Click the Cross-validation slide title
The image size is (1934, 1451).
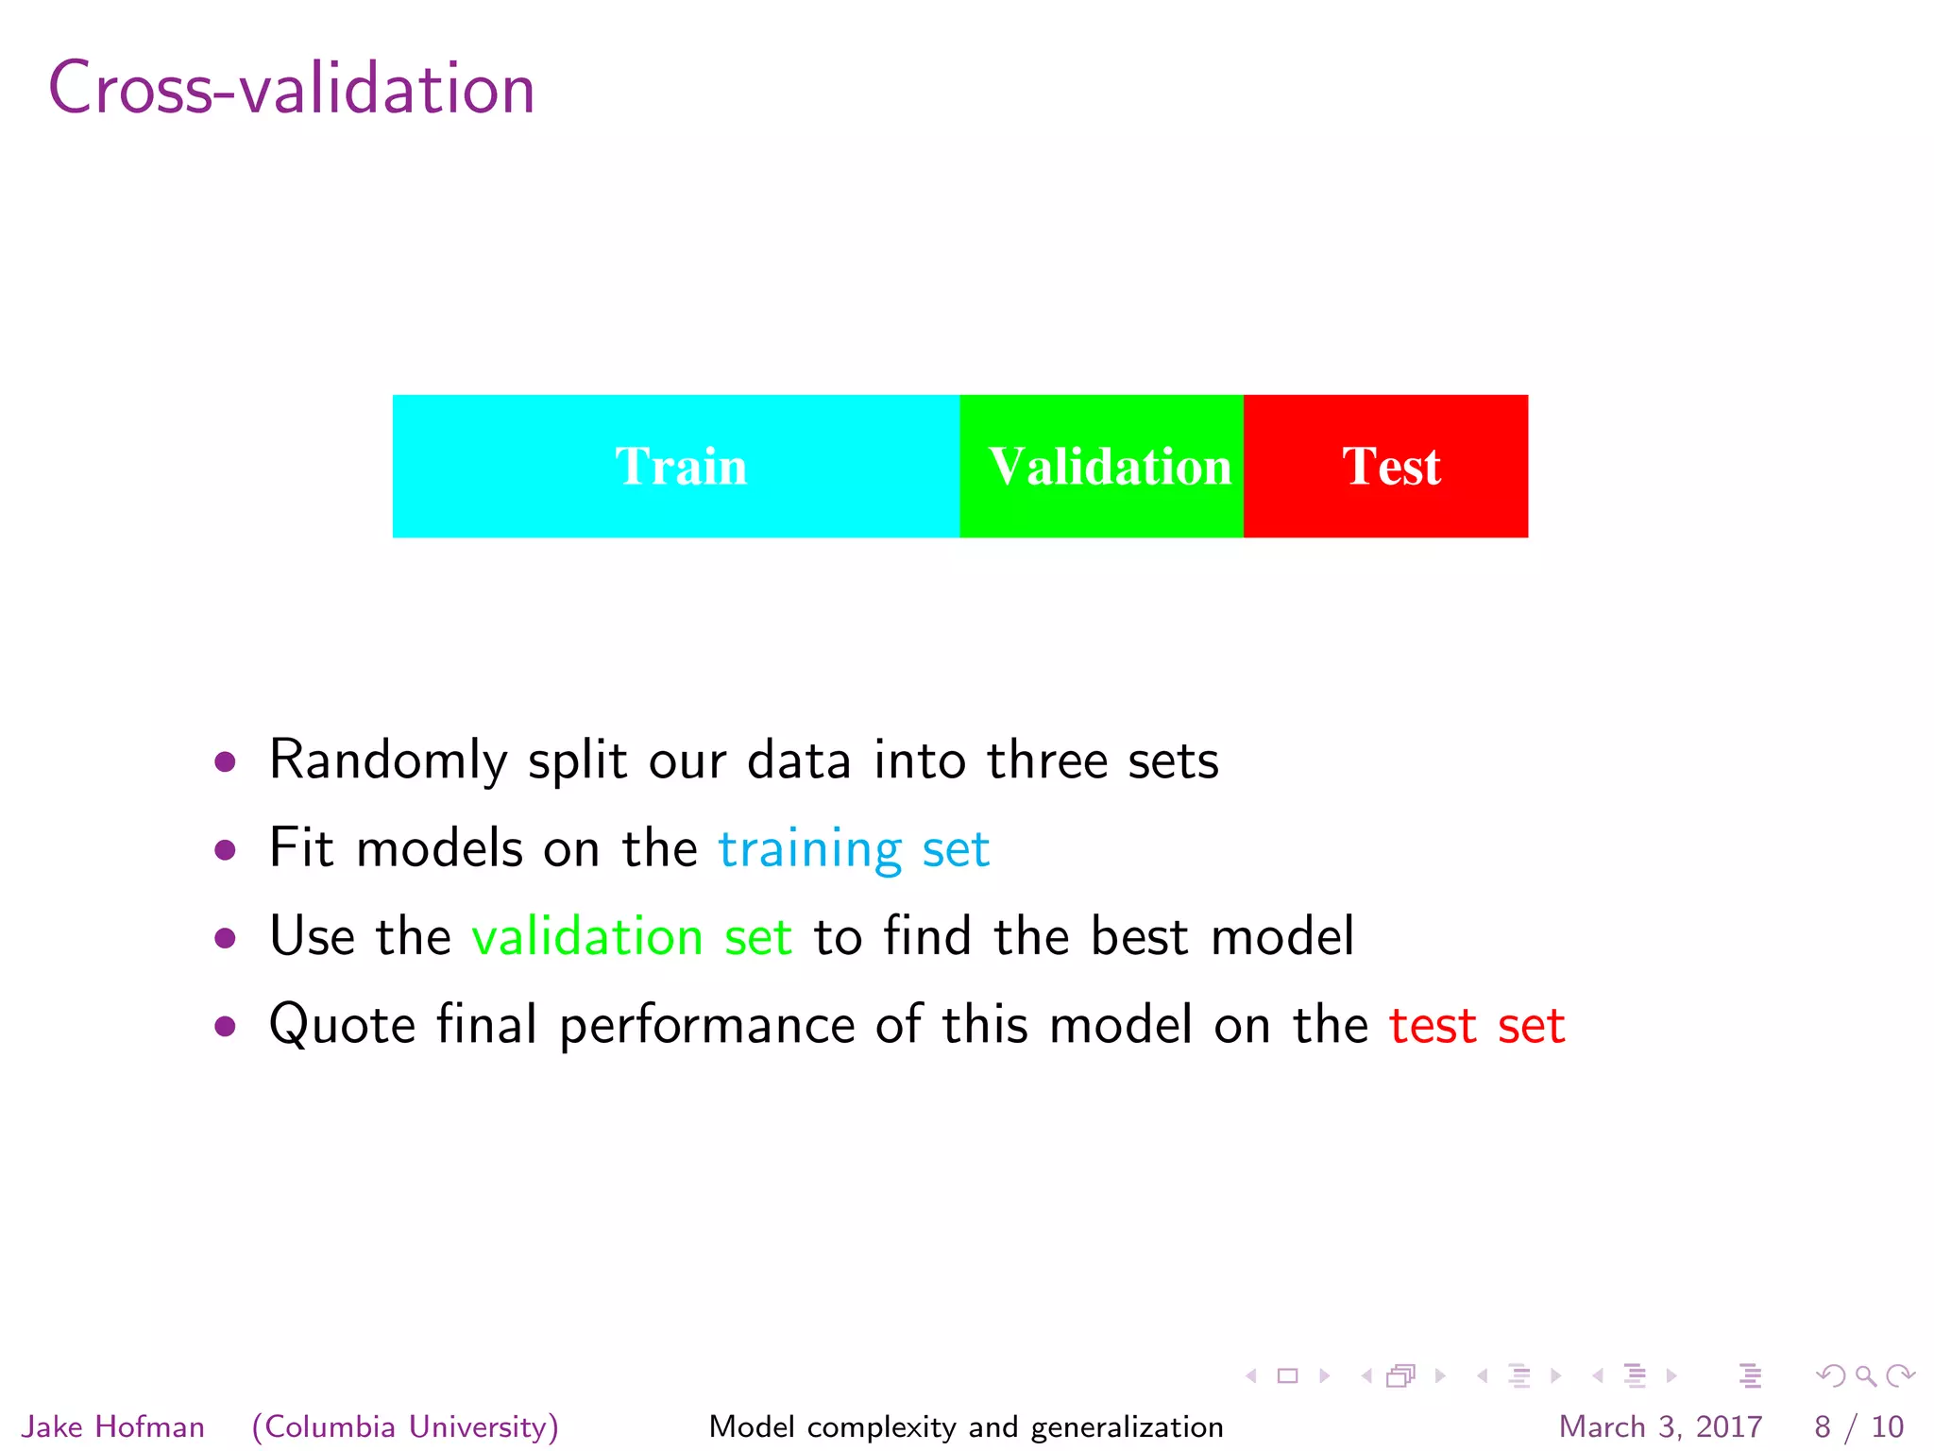[x=291, y=88]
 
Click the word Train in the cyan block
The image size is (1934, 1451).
[x=681, y=467]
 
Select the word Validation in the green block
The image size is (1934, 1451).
[x=1110, y=467]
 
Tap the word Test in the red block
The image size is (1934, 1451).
[x=1391, y=467]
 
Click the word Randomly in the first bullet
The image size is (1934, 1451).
[x=388, y=761]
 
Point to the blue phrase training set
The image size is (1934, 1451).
[x=854, y=849]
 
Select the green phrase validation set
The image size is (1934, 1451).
[x=631, y=937]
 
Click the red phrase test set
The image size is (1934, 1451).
[x=1477, y=1025]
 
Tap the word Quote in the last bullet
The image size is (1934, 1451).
[x=342, y=1025]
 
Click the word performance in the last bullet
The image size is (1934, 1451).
[x=707, y=1027]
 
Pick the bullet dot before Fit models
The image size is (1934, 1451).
[x=225, y=850]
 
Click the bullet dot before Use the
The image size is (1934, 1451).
[x=225, y=938]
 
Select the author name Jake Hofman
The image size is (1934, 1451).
[x=113, y=1426]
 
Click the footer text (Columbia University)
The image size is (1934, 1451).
[x=405, y=1426]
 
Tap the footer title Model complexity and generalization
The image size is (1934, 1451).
[x=966, y=1426]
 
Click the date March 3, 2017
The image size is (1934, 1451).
[x=1660, y=1426]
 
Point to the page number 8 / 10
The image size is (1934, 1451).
[x=1858, y=1426]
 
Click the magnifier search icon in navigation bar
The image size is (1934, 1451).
[x=1865, y=1376]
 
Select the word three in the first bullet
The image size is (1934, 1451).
[x=1046, y=761]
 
